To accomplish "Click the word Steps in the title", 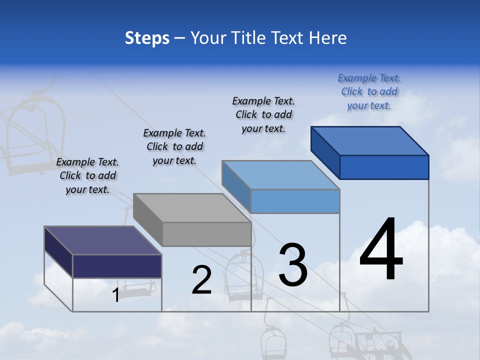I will (147, 38).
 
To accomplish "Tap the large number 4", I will (381, 250).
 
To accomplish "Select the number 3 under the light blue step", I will (293, 265).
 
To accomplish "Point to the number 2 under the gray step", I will (201, 280).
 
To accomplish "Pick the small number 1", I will (115, 295).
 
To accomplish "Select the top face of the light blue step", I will (280, 175).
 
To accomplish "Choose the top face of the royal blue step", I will (370, 140).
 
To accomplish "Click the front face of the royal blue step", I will (384, 167).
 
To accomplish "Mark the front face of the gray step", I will (206, 234).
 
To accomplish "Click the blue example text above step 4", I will (369, 91).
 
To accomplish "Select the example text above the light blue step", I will (263, 114).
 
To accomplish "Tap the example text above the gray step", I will (174, 146).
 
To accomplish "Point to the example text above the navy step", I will (87, 175).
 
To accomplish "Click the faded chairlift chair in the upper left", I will (35, 135).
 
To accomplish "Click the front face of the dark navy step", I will (117, 266).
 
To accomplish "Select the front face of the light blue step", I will (295, 201).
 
